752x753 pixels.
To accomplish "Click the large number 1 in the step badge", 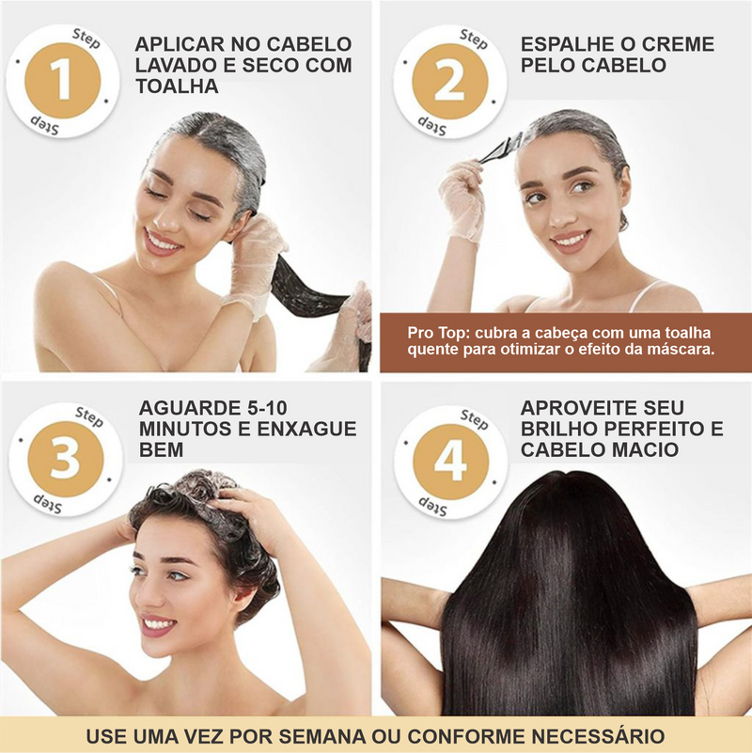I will point(61,79).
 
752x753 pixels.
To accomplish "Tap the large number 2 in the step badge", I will point(449,81).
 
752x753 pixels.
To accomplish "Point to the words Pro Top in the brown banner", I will point(435,333).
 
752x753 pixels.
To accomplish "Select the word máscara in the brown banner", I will point(679,350).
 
